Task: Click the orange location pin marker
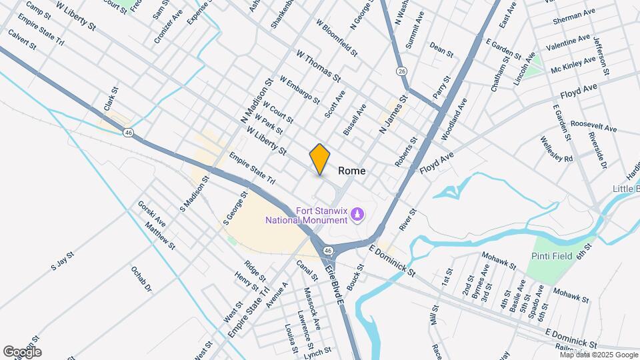coord(320,159)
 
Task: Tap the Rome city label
coord(352,171)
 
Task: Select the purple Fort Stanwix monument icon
coord(359,215)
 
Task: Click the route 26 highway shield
coord(401,71)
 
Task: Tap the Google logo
coord(21,351)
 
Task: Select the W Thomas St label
coord(318,65)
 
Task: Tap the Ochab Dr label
coord(141,281)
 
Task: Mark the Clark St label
coord(110,100)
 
